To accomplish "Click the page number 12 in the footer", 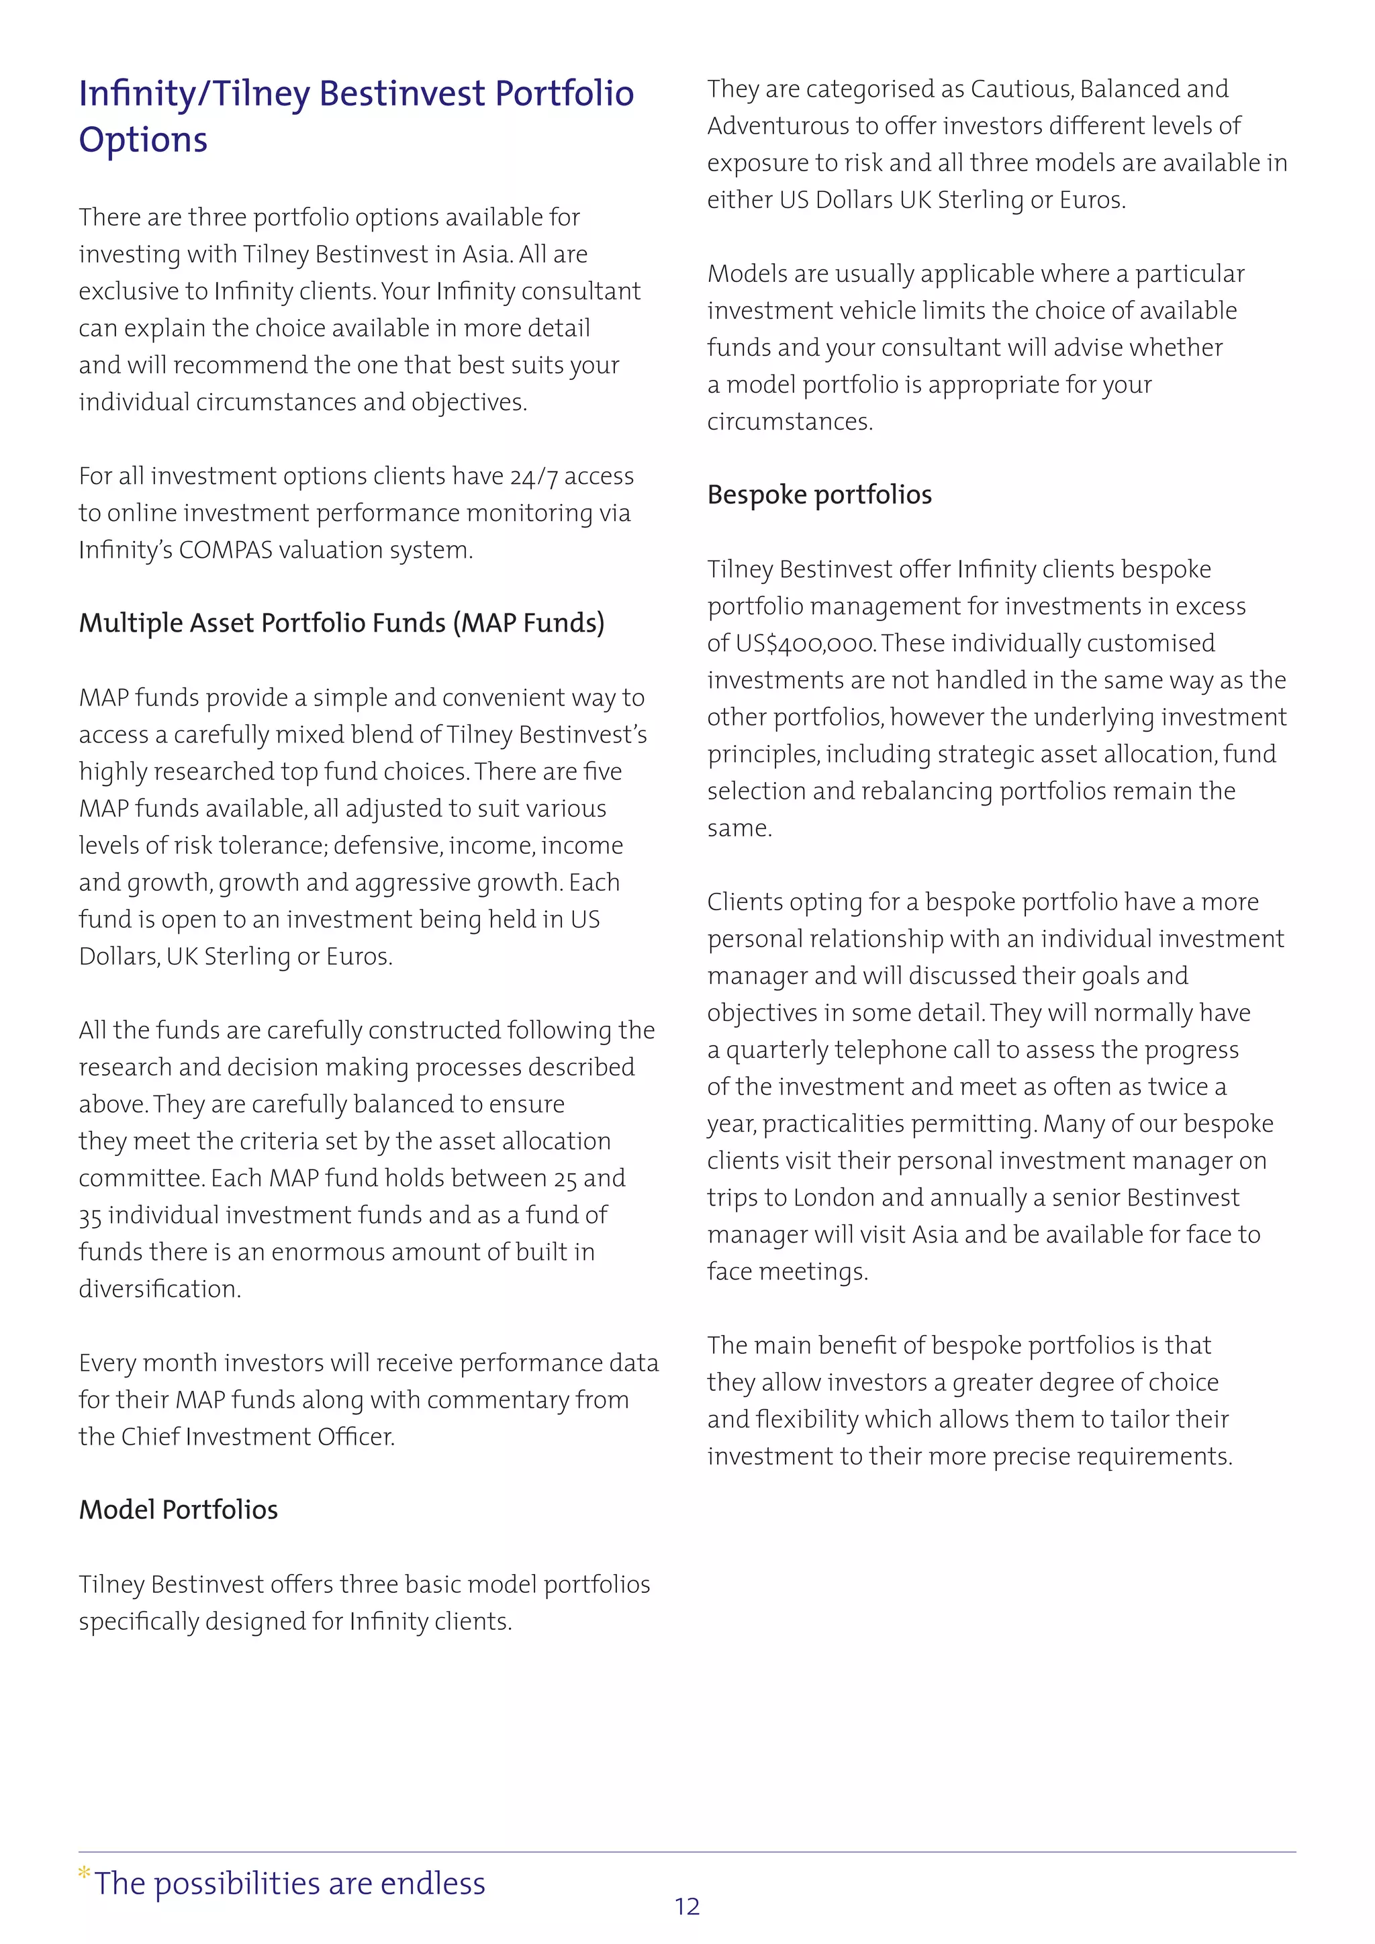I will coord(687,1906).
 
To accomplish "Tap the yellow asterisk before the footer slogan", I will coord(84,1874).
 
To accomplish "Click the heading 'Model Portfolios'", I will coord(178,1510).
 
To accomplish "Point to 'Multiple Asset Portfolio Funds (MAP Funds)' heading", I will coord(341,623).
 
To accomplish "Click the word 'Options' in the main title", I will coord(143,140).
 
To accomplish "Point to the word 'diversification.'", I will coord(160,1289).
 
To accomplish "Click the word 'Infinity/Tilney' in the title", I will coord(194,94).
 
